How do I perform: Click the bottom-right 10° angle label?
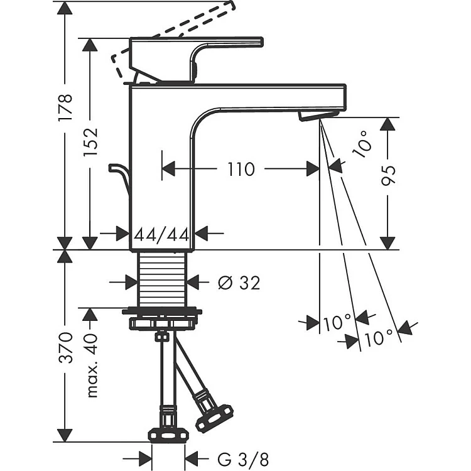[x=381, y=338]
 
